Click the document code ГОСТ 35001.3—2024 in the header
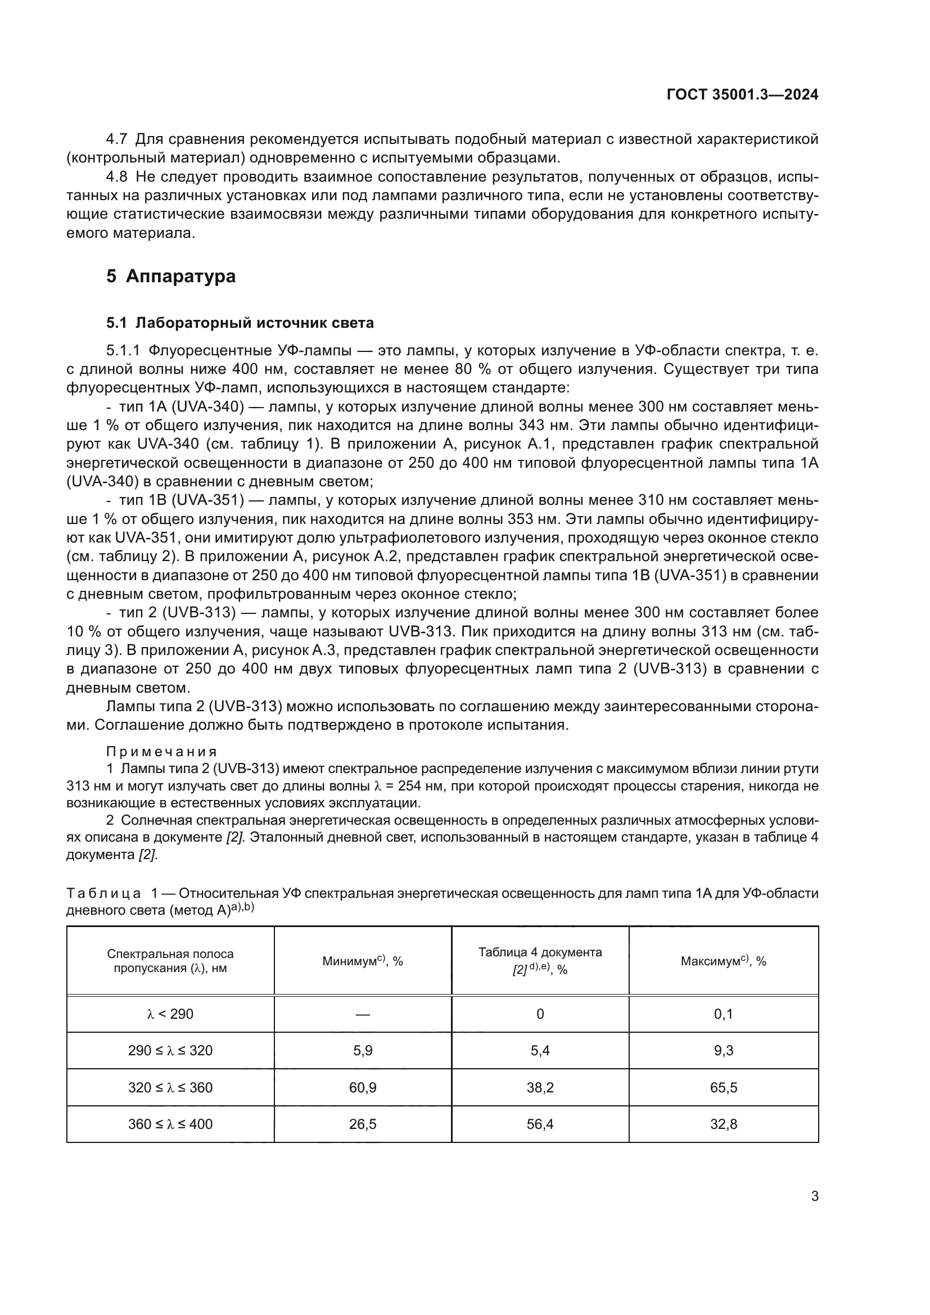pos(742,94)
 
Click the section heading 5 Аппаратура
pos(171,276)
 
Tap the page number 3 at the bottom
pos(814,1196)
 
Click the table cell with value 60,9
pos(363,1087)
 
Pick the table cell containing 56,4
pos(539,1124)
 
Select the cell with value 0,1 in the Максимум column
pos(723,1014)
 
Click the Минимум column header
pos(363,961)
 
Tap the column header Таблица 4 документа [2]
pos(539,960)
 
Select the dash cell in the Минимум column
pos(363,1014)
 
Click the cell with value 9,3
pos(723,1050)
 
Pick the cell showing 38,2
pos(539,1087)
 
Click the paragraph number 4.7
pos(116,139)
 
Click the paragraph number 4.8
pos(116,177)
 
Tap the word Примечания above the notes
pos(161,752)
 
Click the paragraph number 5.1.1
pos(123,350)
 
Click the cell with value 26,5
pos(363,1124)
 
